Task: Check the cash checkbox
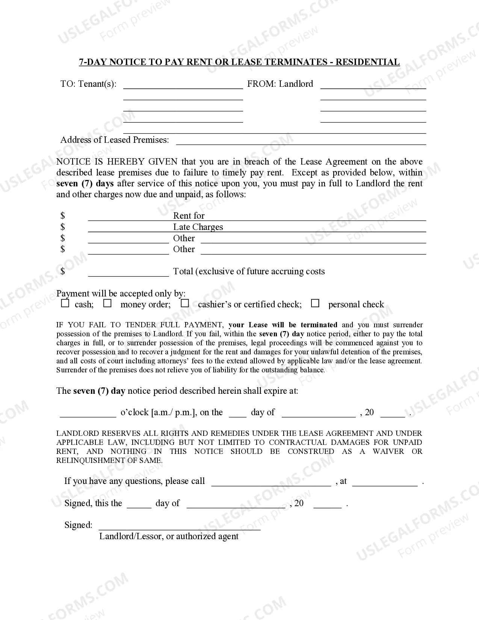pyautogui.click(x=65, y=303)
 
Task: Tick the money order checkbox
pyautogui.click(x=108, y=303)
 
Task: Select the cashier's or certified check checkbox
pyautogui.click(x=185, y=303)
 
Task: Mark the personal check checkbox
pyautogui.click(x=316, y=303)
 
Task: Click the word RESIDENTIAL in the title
pyautogui.click(x=367, y=62)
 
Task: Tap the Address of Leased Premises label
pyautogui.click(x=115, y=140)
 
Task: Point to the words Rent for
pyautogui.click(x=189, y=216)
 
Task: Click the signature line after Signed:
pyautogui.click(x=180, y=527)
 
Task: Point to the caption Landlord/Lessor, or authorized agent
pyautogui.click(x=169, y=536)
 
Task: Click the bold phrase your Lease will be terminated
pyautogui.click(x=283, y=325)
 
